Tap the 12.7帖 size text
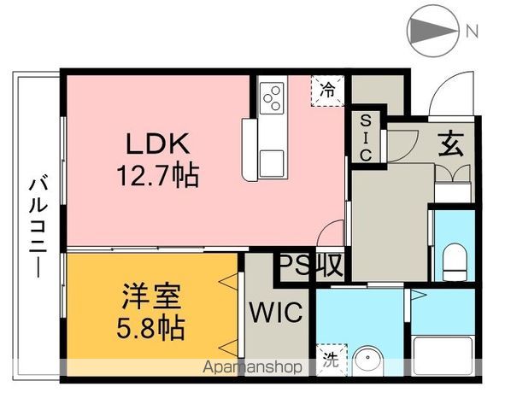[x=158, y=177]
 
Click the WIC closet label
[x=275, y=313]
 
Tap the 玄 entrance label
[x=451, y=143]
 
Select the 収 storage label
[x=329, y=266]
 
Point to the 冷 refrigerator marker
[x=328, y=88]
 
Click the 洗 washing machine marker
[x=329, y=360]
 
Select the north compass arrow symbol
[x=432, y=32]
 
